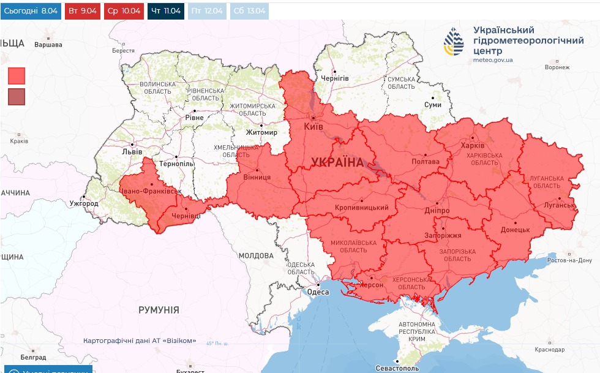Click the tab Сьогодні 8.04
click(x=31, y=11)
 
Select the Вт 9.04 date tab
click(x=83, y=11)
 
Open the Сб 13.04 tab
click(x=249, y=11)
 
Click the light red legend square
click(x=17, y=75)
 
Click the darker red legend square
click(x=17, y=97)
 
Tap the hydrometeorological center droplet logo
click(x=454, y=42)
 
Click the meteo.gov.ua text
click(x=493, y=60)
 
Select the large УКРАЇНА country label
click(x=337, y=162)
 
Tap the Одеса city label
click(x=318, y=292)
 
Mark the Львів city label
click(x=132, y=152)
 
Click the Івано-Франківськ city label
click(x=151, y=192)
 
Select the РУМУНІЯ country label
click(x=159, y=310)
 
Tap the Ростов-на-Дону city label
click(x=570, y=260)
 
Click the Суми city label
click(x=433, y=105)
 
